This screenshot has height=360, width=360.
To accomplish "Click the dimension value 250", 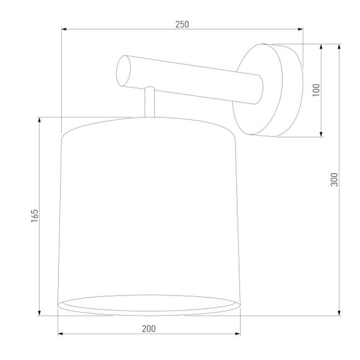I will (x=182, y=24).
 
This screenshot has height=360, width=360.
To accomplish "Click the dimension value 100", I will (x=316, y=89).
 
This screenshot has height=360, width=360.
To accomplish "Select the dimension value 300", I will (x=335, y=179).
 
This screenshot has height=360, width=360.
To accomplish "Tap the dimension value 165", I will (x=35, y=215).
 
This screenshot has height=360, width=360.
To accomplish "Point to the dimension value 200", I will (x=148, y=328).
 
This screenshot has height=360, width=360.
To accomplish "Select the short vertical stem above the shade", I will (x=149, y=102).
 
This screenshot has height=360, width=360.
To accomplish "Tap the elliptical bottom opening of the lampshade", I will (x=149, y=304).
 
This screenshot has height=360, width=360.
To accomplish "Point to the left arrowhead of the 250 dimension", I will (x=64, y=29).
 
